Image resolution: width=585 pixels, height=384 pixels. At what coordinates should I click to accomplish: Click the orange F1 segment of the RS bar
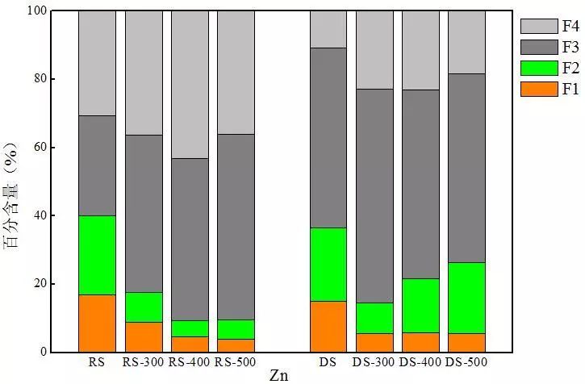[97, 323]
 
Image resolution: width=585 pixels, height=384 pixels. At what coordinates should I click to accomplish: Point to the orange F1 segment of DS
[328, 327]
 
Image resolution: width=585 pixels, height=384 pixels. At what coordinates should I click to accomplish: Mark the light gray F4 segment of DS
[328, 29]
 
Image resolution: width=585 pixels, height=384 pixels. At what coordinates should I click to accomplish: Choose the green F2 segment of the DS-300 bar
[375, 318]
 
